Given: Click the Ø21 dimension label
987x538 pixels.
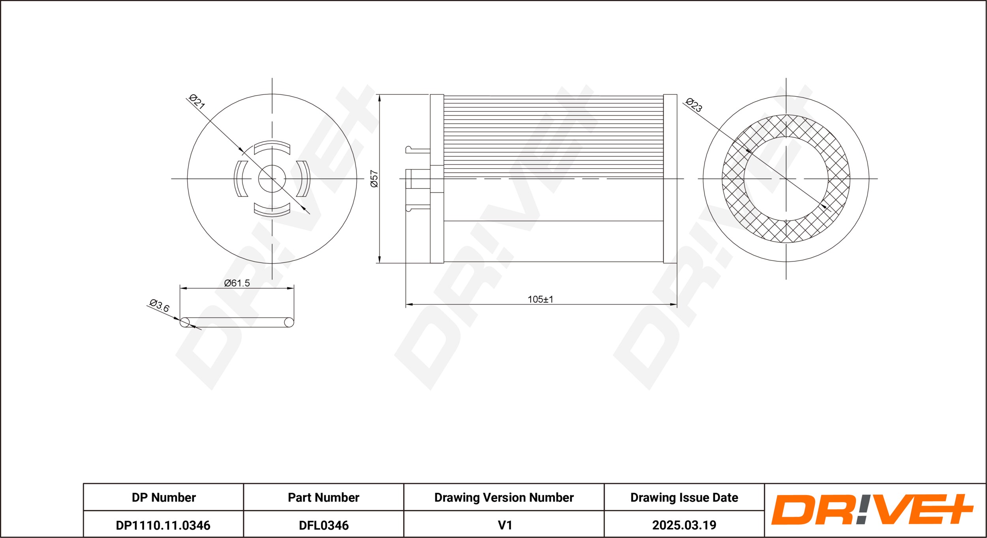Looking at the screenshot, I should (x=197, y=101).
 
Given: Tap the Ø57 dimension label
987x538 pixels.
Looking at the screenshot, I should (x=374, y=178).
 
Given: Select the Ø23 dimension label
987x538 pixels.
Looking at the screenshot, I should (x=694, y=105).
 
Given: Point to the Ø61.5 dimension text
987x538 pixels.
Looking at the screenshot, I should (x=237, y=283).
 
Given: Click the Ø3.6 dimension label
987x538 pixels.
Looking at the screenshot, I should (x=159, y=306).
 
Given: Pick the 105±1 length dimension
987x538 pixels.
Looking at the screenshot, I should (x=540, y=299).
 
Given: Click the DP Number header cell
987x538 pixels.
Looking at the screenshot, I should (x=163, y=497).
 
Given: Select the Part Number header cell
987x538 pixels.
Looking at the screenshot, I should (x=323, y=497).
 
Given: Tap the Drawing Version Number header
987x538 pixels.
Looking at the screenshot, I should (x=504, y=497).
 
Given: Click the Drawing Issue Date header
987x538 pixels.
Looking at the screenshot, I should (x=684, y=497).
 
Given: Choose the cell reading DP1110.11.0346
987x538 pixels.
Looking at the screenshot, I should (x=163, y=525).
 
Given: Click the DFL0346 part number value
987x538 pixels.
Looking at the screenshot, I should (x=324, y=525).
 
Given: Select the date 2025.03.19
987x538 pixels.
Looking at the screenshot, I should (x=684, y=525).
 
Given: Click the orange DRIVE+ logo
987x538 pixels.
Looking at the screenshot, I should (x=872, y=510).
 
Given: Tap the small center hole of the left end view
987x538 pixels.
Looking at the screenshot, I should (x=272, y=179).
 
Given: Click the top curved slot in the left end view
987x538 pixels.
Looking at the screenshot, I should (x=272, y=147).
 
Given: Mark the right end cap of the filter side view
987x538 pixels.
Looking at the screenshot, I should (x=670, y=178).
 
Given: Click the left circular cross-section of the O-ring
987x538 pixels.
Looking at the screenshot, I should (x=184, y=322).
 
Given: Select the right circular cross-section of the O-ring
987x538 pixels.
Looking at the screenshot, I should (x=289, y=322).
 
